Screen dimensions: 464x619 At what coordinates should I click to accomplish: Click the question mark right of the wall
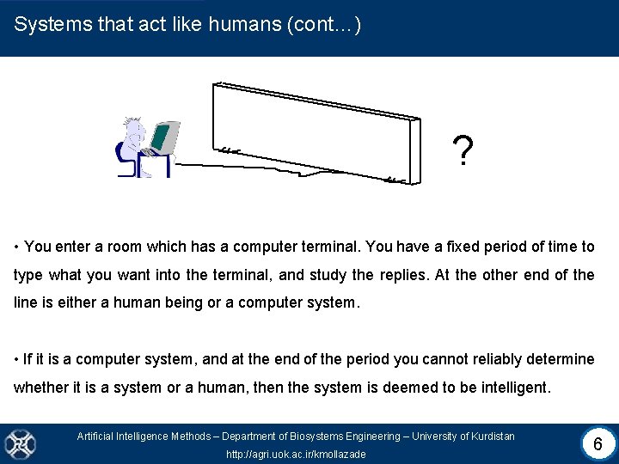(463, 152)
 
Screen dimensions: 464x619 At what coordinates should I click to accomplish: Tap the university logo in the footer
(19, 444)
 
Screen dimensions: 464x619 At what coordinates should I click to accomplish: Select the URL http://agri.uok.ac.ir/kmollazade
(295, 454)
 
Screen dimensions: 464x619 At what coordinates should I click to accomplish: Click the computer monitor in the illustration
(164, 137)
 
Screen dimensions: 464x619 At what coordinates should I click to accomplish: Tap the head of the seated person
(133, 128)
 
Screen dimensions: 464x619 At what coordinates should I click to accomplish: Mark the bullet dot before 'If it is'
(17, 359)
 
